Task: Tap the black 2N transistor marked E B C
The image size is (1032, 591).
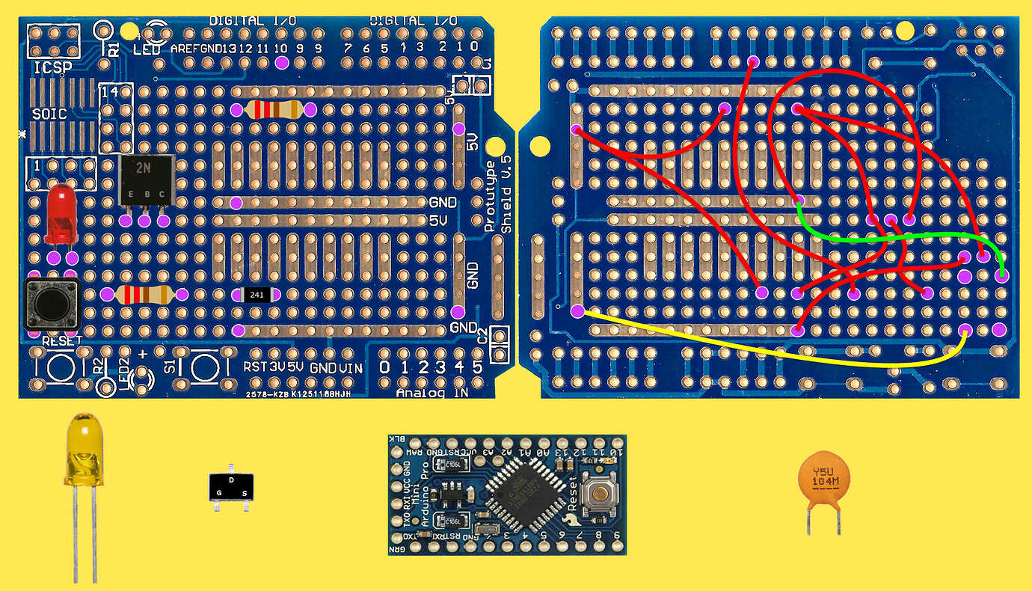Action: click(146, 180)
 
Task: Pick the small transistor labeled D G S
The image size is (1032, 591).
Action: click(230, 487)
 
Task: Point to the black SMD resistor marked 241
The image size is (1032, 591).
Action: click(257, 295)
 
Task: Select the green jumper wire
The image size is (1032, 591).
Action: click(897, 238)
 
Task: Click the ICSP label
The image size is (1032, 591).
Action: click(52, 69)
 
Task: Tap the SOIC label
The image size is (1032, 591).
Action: click(49, 114)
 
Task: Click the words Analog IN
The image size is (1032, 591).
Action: click(431, 392)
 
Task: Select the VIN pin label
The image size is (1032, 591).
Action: click(350, 367)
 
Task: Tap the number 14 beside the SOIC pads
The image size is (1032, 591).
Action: click(109, 91)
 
